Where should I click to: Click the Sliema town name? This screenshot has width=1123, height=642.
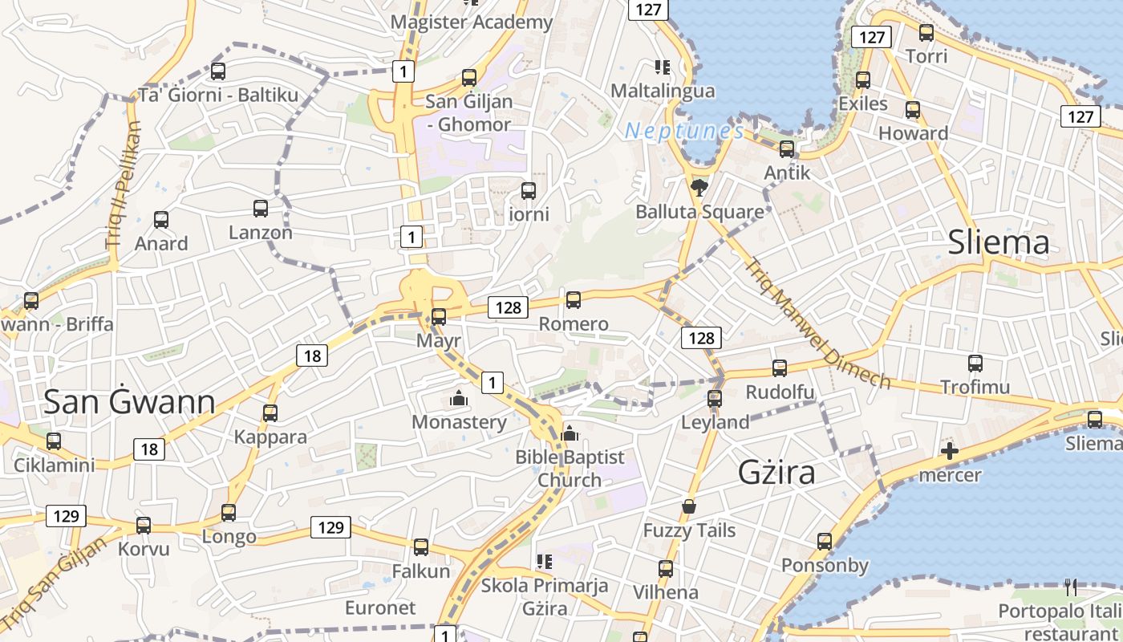coord(999,242)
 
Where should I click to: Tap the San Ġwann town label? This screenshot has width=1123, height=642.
coord(129,401)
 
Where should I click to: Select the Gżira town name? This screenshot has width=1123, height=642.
coord(776,472)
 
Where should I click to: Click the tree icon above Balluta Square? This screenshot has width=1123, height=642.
coord(699,188)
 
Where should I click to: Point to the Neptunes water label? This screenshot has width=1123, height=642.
coord(684,131)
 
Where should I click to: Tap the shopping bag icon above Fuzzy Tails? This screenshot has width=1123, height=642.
coord(688,506)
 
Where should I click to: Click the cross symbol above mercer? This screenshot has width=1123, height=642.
coord(950,451)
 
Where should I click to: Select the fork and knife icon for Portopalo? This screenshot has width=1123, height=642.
coord(1071,587)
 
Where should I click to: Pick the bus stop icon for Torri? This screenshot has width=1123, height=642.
coord(926,33)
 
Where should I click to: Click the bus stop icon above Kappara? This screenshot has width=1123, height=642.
coord(270,413)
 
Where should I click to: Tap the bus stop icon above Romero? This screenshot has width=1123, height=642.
coord(574,300)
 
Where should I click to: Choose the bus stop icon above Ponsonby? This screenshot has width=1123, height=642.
coord(825,542)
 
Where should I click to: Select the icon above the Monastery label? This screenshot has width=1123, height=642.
coord(459,398)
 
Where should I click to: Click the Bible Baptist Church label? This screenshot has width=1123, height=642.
coord(570,469)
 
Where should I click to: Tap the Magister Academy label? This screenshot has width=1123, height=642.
coord(472,22)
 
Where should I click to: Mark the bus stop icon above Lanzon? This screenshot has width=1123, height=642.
coord(261,209)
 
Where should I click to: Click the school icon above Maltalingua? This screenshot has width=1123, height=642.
coord(662,67)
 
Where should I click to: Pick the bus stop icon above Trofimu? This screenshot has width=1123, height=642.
coord(975,364)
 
